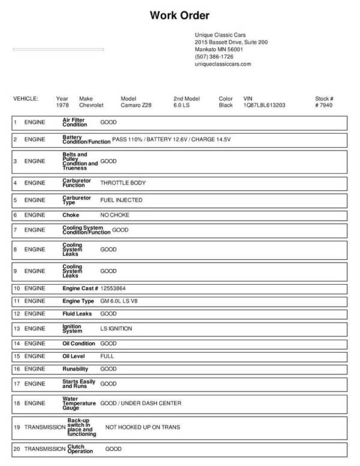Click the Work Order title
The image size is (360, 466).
179,16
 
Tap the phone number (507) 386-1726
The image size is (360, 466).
214,56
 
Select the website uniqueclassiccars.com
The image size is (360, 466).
223,64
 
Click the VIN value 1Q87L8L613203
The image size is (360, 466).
264,105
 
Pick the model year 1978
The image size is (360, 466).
62,105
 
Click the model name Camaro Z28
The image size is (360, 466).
137,105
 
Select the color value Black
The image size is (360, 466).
226,105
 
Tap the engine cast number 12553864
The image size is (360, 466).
113,288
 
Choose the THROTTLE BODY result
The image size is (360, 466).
122,183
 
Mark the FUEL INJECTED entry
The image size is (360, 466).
121,200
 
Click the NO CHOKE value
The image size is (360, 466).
115,215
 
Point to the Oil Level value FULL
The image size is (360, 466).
107,356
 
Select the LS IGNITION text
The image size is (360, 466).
116,328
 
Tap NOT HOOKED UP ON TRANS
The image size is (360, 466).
143,428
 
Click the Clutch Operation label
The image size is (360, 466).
80,449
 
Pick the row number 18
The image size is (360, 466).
16,403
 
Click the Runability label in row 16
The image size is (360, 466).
76,369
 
